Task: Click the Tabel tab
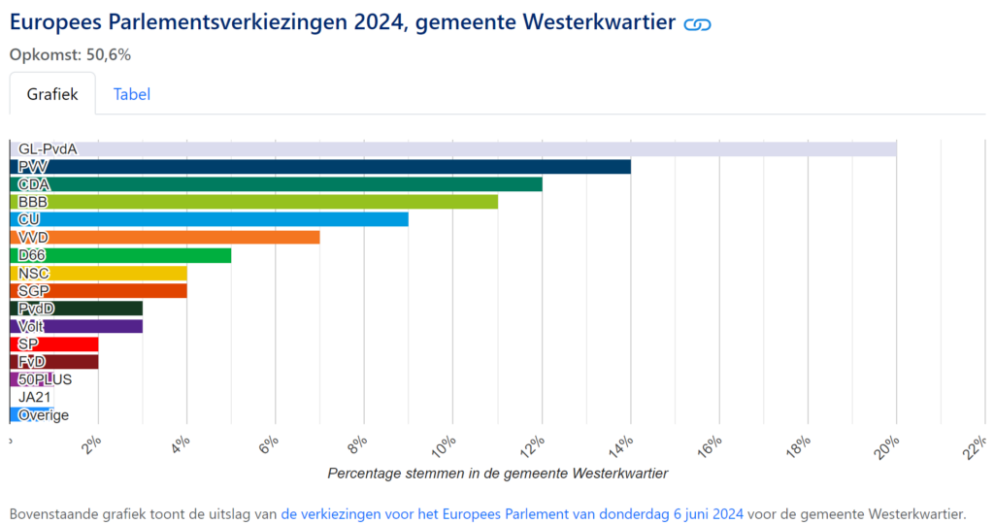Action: pos(131,94)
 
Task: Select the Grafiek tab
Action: pos(52,94)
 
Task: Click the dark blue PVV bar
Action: pos(320,167)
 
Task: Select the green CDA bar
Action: pos(277,184)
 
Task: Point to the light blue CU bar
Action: pos(210,219)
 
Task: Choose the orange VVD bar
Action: pos(165,237)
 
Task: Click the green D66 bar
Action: pos(121,255)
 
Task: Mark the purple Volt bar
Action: pos(77,326)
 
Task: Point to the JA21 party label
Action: pos(35,397)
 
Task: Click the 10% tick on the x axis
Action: pos(445,447)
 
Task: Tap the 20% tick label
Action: pos(888,447)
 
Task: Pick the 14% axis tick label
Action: pos(622,447)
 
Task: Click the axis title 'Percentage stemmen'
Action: pos(497,474)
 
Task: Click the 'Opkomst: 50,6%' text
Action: pos(70,54)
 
